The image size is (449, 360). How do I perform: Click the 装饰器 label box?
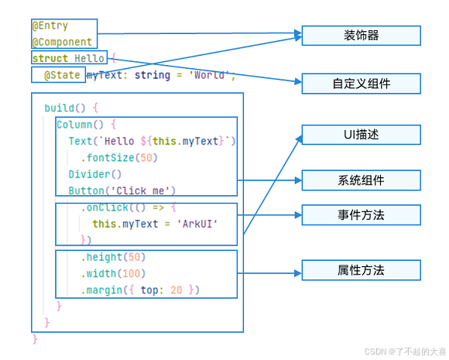pos(361,36)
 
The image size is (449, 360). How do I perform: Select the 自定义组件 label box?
pos(361,84)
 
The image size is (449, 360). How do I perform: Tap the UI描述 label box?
pos(361,134)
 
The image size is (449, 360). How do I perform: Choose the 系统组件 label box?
pos(361,180)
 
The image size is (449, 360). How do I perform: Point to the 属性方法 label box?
pos(361,270)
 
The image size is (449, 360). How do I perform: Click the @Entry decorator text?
pos(50,26)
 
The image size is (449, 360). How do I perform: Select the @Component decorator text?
pos(62,42)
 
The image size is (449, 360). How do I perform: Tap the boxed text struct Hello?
pos(69,58)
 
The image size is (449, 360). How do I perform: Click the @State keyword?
pos(61,75)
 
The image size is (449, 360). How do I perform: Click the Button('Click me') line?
pos(122,190)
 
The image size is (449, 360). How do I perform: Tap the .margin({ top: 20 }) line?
pos(140,290)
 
